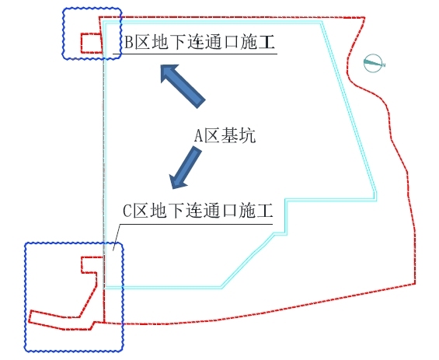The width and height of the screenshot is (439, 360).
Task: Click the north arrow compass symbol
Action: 374,63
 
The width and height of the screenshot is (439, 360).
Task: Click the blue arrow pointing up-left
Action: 183,86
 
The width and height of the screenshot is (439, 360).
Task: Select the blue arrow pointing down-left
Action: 186,167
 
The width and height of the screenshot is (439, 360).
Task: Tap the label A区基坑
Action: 225,136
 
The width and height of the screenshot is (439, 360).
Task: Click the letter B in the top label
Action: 128,42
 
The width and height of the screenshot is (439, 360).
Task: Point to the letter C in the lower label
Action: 127,211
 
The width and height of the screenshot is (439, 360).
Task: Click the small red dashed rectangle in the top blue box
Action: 91,43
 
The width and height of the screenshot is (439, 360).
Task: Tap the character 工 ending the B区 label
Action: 266,42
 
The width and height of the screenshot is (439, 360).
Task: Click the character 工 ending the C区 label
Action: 264,211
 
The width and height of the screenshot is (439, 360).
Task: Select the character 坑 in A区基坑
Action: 247,136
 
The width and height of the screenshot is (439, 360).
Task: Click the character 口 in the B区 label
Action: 231,42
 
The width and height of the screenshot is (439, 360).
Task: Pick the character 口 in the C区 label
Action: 229,211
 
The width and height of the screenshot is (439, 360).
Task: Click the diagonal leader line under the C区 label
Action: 117,237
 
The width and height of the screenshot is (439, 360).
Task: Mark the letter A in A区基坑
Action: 198,136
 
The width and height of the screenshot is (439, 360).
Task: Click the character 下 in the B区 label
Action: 178,42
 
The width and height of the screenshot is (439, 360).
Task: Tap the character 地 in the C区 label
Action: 159,211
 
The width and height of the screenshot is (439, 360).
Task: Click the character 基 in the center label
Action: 229,136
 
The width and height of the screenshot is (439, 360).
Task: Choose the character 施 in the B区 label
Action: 248,42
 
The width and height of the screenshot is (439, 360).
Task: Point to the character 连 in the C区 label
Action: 194,211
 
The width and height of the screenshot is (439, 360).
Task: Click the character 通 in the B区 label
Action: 213,42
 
